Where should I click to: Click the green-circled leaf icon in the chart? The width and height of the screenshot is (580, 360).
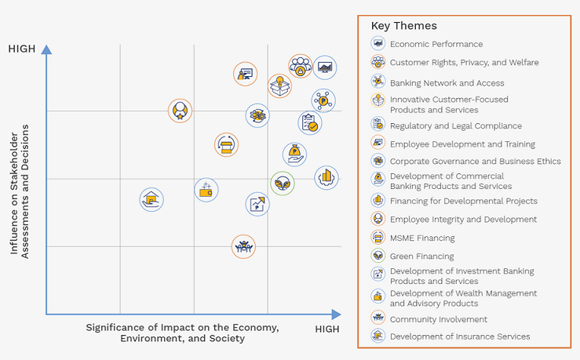coord(283,184)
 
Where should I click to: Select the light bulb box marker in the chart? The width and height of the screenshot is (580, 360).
coord(279,85)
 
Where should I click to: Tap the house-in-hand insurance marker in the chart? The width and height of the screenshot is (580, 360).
coord(151,200)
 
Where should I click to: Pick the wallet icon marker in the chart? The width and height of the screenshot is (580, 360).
coord(206,190)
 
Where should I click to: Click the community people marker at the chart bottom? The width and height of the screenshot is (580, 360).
coord(244,246)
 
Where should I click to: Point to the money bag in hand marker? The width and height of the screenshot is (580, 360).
coord(294,155)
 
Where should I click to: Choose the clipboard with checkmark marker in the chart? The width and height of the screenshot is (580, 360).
coord(310,123)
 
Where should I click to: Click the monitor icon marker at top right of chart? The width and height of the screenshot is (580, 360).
coord(325,67)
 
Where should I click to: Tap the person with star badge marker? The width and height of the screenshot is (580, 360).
coord(181,111)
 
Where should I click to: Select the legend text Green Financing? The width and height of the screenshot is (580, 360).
coord(421,256)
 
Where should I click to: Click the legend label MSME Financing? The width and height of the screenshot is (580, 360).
coord(421,238)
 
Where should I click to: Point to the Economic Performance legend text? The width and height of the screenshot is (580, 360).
coord(436,45)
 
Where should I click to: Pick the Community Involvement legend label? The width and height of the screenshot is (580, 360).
coord(439,319)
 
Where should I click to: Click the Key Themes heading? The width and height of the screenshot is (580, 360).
coord(403,26)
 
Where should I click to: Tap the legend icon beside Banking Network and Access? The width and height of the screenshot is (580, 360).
coord(378,82)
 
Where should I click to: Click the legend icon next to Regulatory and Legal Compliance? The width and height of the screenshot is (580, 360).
coord(378,125)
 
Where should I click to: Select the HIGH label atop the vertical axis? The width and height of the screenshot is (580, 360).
coord(22,49)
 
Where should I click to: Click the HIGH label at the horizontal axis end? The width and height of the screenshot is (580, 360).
coord(327,329)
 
